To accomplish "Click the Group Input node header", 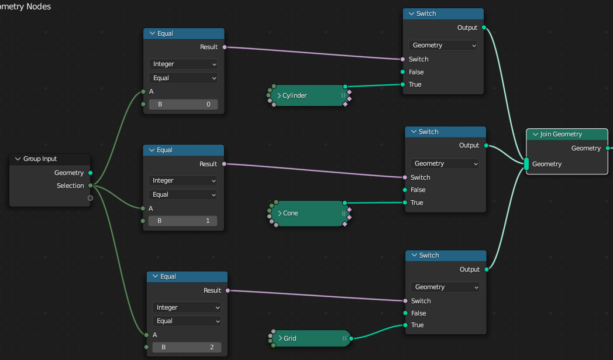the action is point(50,159).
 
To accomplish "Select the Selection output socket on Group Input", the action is point(90,186).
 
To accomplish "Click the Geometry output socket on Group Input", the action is point(90,173).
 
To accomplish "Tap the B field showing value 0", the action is point(183,104).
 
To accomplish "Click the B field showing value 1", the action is point(182,221).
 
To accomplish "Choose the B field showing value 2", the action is point(187,348).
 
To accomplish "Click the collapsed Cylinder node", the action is point(309,95).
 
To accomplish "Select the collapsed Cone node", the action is point(309,213).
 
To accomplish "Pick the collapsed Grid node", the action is point(311,338).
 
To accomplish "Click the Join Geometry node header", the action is point(567,134).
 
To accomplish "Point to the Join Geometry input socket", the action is point(526,164).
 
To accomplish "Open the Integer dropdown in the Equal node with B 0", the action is point(183,64).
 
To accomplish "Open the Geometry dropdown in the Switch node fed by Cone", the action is point(445,163).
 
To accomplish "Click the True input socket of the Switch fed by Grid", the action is point(405,325).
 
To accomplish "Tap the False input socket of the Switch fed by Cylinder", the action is point(402,72).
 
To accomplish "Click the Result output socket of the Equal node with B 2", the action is point(228,290).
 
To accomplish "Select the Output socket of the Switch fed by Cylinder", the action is point(484,28).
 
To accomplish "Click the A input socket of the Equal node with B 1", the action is point(143,208).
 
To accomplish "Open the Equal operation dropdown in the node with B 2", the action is point(187,321).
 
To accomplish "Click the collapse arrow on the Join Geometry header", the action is point(535,134).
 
